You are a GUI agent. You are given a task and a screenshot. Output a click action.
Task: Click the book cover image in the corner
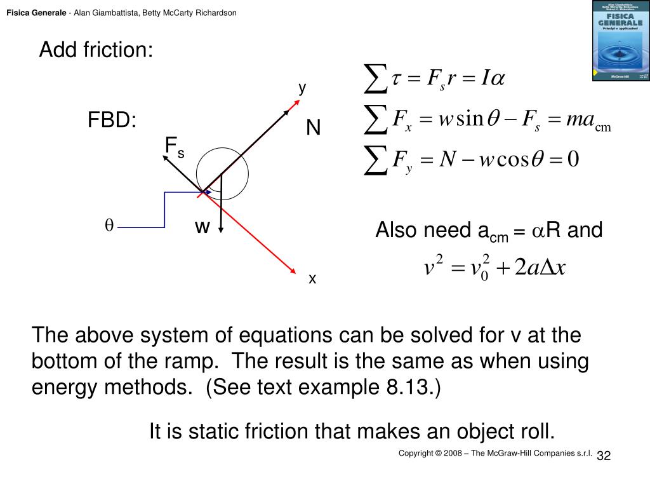coord(620,41)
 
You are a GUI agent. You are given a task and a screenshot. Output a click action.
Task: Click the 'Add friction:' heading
coord(96,50)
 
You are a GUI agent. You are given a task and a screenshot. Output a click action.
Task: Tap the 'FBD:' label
coord(112,121)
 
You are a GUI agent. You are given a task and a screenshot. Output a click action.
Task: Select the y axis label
coord(303,88)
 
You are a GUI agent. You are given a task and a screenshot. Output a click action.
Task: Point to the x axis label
coord(312,278)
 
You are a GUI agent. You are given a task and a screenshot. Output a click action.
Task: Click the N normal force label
coord(313,128)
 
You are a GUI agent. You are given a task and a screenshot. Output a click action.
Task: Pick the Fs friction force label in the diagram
coord(174,147)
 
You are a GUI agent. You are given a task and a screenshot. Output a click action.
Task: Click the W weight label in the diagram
coord(202,226)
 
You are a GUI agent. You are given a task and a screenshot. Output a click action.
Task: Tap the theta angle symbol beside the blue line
coord(109,226)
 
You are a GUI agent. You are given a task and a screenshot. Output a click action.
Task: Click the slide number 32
coord(603,456)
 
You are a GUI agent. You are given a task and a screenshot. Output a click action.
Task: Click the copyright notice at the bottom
coord(495,453)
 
